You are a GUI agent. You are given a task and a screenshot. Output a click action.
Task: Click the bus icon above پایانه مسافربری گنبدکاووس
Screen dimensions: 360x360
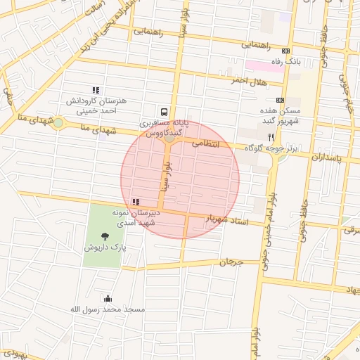(x=164, y=112)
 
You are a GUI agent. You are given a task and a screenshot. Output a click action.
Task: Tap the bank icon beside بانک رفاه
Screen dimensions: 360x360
(x=285, y=51)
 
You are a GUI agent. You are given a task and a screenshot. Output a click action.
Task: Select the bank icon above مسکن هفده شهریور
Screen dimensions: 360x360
(x=280, y=101)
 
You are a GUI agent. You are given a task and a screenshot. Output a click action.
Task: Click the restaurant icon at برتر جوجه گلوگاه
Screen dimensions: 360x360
(x=271, y=137)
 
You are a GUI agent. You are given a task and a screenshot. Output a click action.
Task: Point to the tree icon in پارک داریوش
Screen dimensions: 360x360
(x=105, y=236)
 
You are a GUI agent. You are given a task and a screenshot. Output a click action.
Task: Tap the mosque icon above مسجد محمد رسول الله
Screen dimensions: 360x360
(x=108, y=298)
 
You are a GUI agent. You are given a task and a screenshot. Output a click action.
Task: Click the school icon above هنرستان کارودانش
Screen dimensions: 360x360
(x=96, y=90)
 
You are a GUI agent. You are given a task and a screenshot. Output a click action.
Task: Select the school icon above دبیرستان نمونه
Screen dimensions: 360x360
(x=136, y=202)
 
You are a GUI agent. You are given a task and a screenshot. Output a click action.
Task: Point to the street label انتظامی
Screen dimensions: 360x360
(x=206, y=143)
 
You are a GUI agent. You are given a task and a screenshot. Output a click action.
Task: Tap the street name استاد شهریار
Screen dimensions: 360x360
(x=226, y=220)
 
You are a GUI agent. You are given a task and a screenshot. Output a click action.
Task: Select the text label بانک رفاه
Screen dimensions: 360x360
(x=307, y=62)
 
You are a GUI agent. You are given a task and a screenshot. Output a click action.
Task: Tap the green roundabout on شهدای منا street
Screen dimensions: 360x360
(x=58, y=124)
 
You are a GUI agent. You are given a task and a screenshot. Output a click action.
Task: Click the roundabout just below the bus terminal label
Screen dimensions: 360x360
(x=170, y=139)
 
